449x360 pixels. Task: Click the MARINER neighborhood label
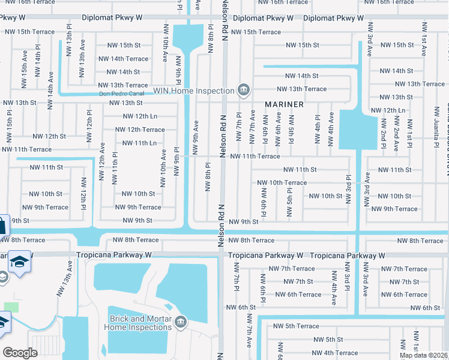tap(282, 104)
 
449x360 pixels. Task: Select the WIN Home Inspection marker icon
tap(244, 91)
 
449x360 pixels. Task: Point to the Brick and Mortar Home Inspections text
tap(137, 323)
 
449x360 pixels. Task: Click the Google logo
tap(20, 353)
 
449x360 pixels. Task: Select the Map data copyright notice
tap(424, 355)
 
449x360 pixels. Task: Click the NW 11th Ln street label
tap(139, 143)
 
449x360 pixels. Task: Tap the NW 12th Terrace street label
tap(139, 130)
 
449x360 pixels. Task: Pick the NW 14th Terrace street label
tap(123, 59)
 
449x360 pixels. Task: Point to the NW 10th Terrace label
tap(282, 182)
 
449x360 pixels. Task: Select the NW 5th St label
tap(328, 340)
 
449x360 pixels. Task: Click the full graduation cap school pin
tap(20, 263)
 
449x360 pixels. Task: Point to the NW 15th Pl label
tap(10, 124)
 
